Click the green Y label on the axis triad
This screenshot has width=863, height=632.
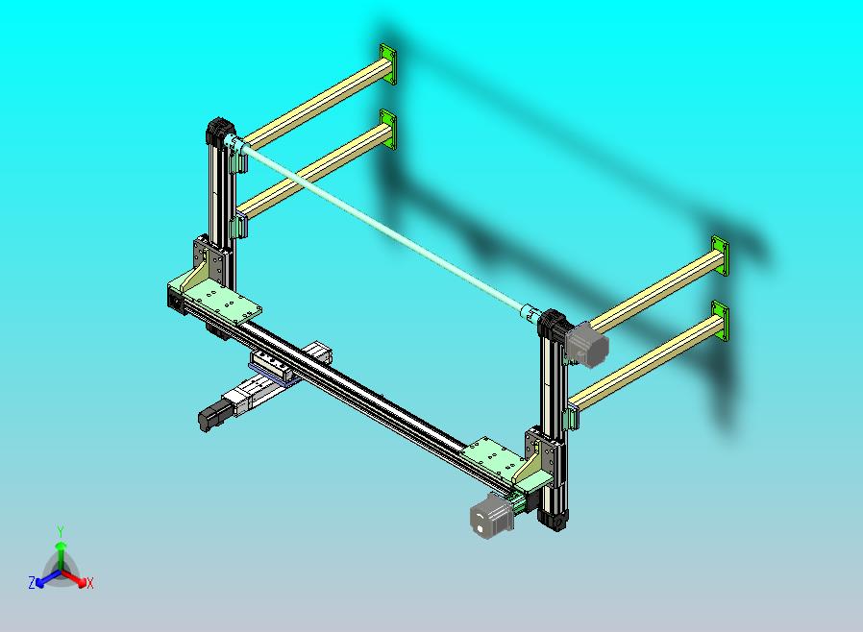61,531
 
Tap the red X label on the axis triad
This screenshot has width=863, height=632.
90,583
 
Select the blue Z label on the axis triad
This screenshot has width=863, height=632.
32,582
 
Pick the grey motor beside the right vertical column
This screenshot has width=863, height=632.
587,344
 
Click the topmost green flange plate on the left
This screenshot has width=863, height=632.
387,64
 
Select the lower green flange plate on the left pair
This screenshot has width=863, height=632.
388,129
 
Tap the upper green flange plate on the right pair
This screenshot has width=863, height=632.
720,255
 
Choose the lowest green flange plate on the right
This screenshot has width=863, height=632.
720,321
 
